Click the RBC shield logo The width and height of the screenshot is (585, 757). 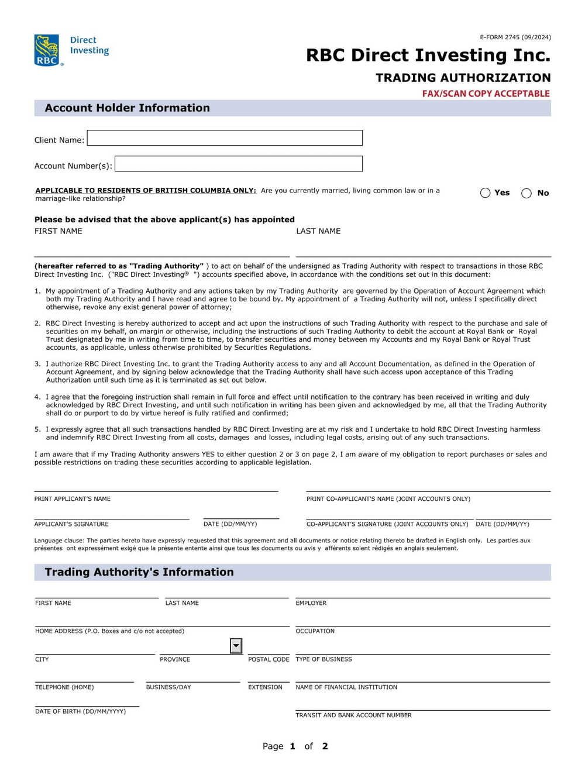(x=47, y=50)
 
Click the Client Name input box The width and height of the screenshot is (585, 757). (x=225, y=138)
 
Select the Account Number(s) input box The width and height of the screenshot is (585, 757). (x=239, y=164)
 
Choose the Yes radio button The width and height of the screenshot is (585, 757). (x=485, y=193)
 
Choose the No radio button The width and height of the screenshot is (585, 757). (x=526, y=194)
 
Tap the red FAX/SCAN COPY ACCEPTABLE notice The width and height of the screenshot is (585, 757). (x=486, y=94)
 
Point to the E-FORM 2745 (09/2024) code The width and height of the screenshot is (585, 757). (x=515, y=37)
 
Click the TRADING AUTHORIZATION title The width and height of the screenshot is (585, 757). (x=463, y=78)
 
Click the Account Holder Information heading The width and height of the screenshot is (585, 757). (x=127, y=108)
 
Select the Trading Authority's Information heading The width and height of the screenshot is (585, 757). (x=139, y=572)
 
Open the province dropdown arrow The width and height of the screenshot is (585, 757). (x=236, y=646)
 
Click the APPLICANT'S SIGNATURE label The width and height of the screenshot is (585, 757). (x=71, y=524)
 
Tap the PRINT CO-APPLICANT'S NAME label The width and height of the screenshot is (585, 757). (x=388, y=499)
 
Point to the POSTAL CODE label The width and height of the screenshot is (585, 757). (x=269, y=659)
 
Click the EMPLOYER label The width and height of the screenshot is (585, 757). (x=311, y=603)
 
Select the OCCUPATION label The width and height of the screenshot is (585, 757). (x=315, y=631)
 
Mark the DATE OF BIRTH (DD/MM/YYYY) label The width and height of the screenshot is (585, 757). (x=80, y=711)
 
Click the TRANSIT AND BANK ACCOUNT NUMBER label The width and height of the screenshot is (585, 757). (x=353, y=715)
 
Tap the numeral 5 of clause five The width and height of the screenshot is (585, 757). (x=37, y=429)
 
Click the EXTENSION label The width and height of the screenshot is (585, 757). (x=265, y=687)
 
